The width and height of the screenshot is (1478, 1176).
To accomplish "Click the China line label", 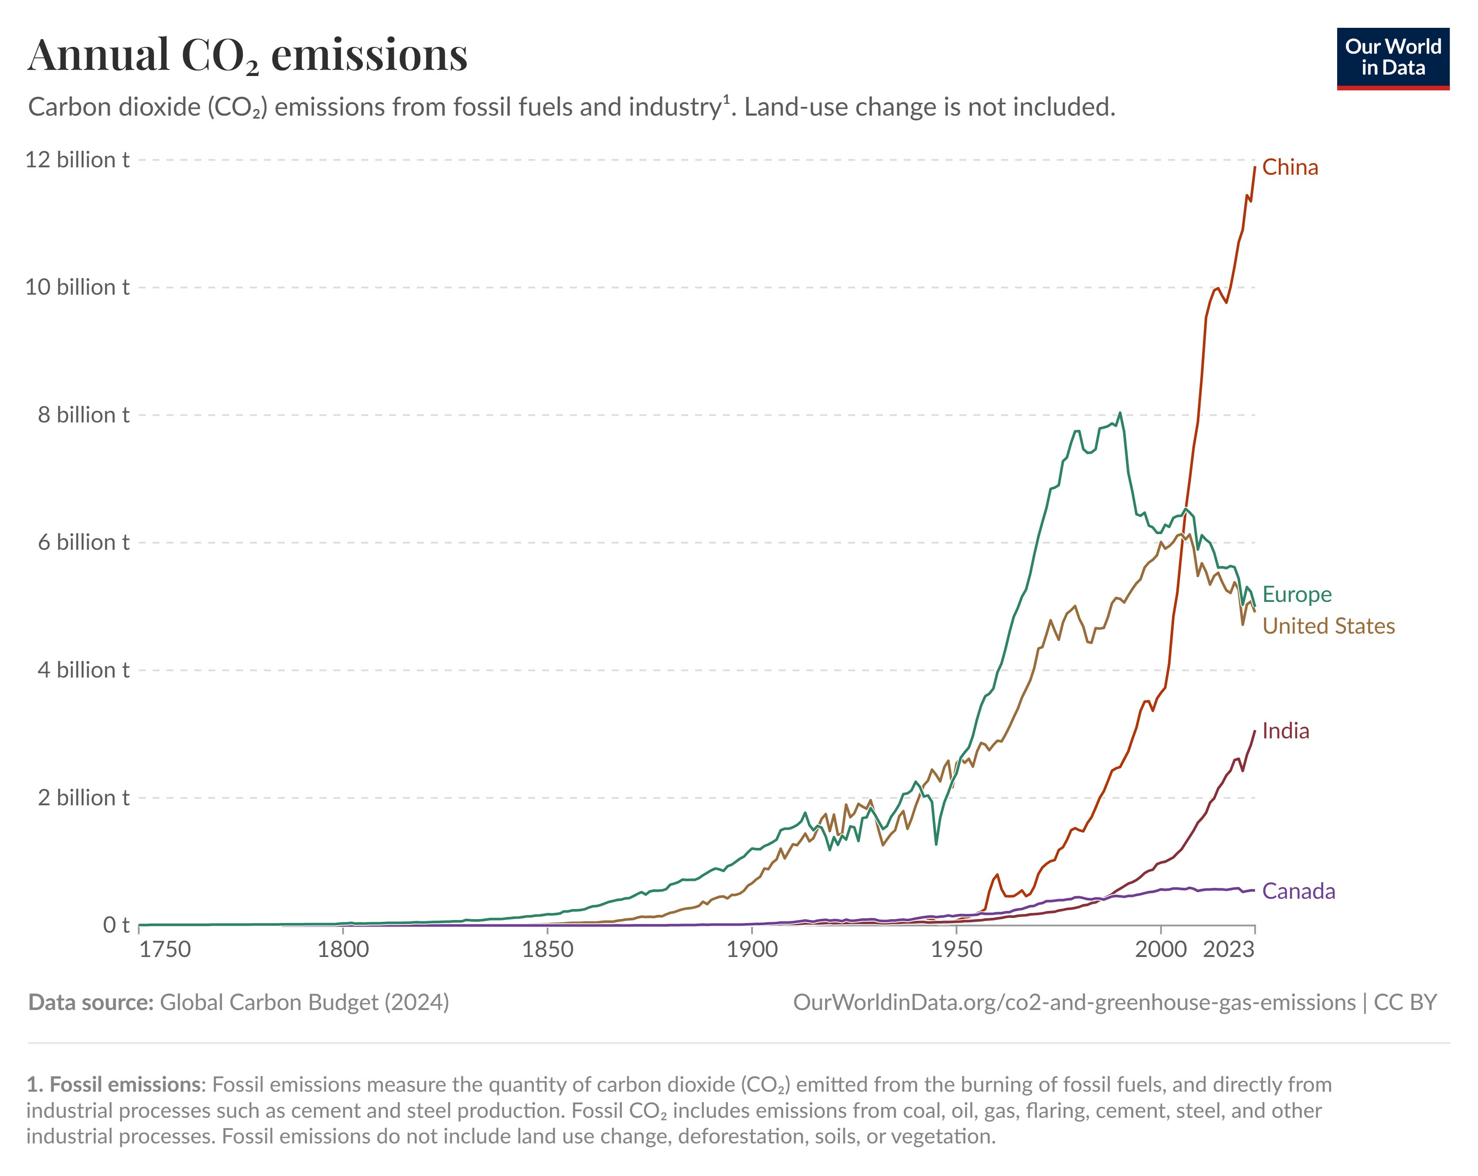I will click(1289, 167).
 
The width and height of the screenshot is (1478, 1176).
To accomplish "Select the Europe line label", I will click(1296, 594).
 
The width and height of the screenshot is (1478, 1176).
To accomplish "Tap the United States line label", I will click(1328, 626).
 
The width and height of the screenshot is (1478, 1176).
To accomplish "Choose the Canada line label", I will click(1298, 891).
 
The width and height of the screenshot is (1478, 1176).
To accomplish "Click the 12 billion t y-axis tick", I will click(77, 159).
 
